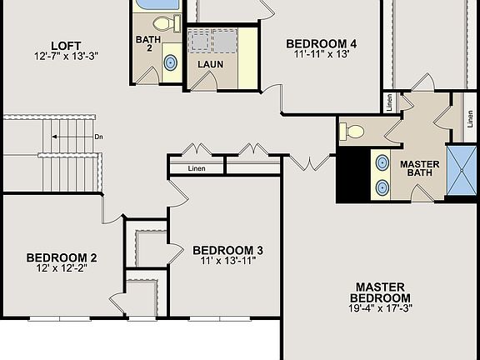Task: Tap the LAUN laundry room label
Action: [x=210, y=63]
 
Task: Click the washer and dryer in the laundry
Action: [x=212, y=40]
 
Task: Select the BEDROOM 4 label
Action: [x=322, y=44]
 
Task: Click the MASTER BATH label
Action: [x=419, y=169]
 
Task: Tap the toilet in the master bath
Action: [x=354, y=131]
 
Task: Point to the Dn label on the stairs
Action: [x=98, y=137]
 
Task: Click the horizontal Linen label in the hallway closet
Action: [x=197, y=168]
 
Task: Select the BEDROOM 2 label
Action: [x=62, y=257]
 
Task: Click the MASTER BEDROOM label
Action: [x=379, y=292]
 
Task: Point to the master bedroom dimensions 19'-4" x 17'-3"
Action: [x=379, y=309]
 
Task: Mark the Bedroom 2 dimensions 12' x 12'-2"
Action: [x=62, y=268]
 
